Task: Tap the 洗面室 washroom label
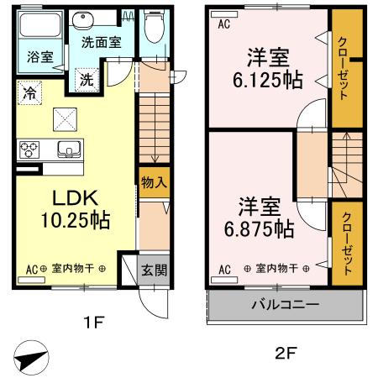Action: pos(100,40)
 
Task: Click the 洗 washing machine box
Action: pos(87,80)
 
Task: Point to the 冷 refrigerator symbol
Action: pos(30,92)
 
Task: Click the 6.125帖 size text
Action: pos(267,81)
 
